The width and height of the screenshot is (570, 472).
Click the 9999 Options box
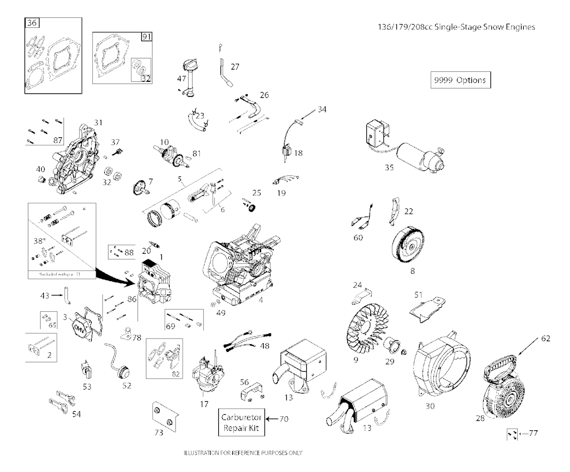click(x=460, y=80)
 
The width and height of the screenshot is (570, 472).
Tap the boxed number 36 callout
click(x=32, y=23)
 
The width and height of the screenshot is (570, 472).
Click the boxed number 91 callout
click(x=146, y=37)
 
